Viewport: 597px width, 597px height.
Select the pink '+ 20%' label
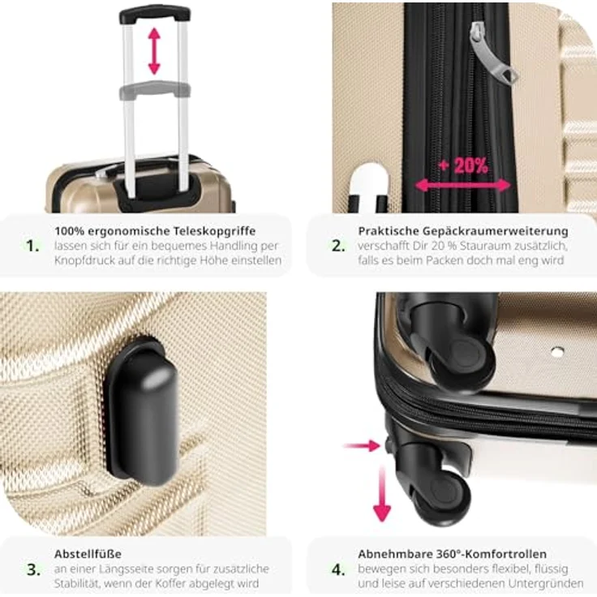click(x=463, y=165)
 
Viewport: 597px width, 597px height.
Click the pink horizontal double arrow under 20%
click(x=464, y=185)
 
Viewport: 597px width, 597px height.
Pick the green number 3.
click(x=32, y=569)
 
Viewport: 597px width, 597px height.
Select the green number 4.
click(x=337, y=569)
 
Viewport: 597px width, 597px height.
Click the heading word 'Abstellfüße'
click(x=88, y=554)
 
